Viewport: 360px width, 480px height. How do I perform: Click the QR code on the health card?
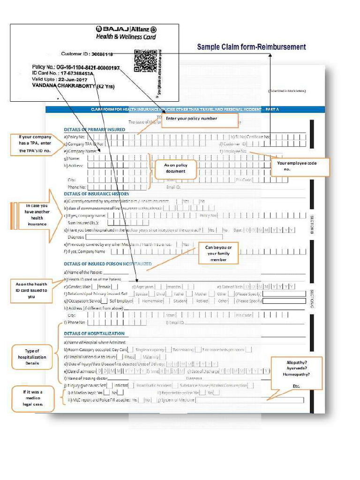tap(146, 60)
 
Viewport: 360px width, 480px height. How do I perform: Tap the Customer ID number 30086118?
tap(102, 54)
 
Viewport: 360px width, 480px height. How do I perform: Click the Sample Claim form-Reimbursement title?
tap(251, 47)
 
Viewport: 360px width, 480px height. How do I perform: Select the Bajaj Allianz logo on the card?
tap(126, 29)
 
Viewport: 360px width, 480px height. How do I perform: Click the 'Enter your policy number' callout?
tap(200, 120)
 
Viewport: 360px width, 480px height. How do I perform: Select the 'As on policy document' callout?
tap(175, 168)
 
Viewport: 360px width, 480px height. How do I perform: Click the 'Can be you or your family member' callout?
tap(218, 253)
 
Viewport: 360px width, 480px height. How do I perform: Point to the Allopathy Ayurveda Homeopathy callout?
tap(296, 373)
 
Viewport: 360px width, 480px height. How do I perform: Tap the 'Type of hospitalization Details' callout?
tap(32, 357)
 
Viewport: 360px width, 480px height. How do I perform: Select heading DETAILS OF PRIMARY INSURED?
tap(94, 129)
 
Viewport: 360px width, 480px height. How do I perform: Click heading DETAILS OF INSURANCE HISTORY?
tap(97, 194)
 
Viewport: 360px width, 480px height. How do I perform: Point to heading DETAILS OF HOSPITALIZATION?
tap(94, 334)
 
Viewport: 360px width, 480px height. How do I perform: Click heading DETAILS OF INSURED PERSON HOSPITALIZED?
tap(108, 264)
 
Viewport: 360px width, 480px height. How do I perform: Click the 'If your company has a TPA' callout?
tap(35, 144)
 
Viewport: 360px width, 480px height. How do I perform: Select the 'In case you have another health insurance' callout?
tap(37, 215)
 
